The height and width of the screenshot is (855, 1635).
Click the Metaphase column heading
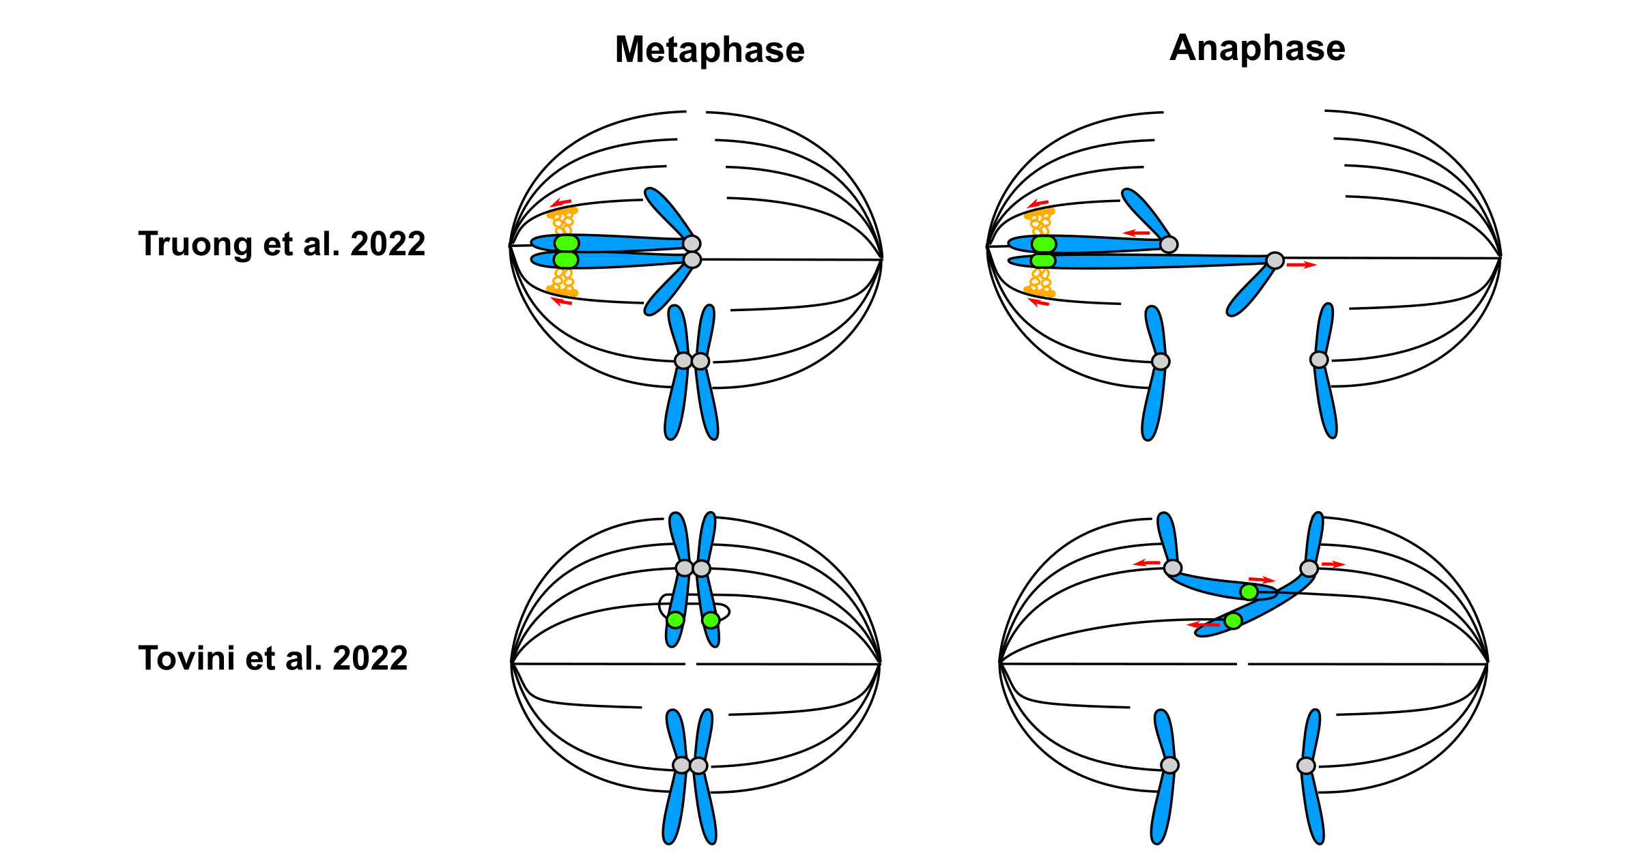point(709,50)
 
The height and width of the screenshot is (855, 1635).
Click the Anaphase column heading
point(1257,48)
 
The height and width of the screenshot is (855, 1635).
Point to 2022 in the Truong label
point(388,244)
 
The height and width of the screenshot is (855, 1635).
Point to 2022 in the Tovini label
point(370,658)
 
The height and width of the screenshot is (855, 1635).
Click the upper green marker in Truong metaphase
point(567,244)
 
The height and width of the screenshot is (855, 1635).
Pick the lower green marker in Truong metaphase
point(566,259)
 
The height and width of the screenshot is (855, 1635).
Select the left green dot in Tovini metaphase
point(675,620)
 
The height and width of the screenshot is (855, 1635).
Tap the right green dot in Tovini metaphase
point(711,620)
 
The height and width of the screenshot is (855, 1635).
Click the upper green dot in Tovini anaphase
point(1249,592)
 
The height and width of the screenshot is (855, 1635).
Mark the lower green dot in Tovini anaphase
point(1233,621)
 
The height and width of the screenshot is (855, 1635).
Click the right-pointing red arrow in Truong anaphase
point(1301,265)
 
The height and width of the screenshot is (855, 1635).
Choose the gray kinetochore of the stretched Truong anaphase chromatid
point(1275,260)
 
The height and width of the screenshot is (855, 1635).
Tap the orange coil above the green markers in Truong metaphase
point(563,222)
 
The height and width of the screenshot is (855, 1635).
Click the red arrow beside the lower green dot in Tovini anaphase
point(1204,624)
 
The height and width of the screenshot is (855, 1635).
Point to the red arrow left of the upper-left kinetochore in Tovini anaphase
point(1147,564)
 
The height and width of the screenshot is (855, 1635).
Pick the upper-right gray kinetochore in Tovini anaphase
point(1309,568)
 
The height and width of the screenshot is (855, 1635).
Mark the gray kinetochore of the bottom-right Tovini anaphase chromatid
point(1306,766)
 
